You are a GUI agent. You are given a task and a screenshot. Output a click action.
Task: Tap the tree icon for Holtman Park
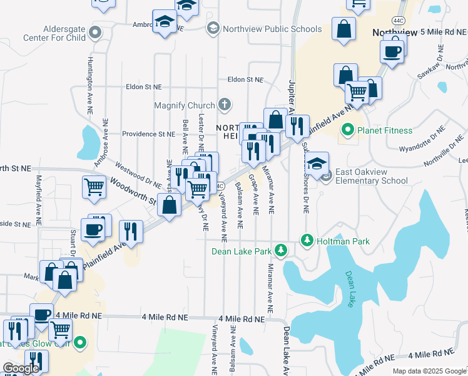[307, 240]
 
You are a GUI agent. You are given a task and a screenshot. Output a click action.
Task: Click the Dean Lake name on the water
[354, 289]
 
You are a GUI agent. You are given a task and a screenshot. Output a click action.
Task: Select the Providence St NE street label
[149, 134]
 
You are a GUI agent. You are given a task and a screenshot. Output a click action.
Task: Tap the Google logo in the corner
[21, 368]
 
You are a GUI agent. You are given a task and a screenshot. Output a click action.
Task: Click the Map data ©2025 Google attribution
[429, 371]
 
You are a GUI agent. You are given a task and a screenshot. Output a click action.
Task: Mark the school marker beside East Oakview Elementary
[317, 164]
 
